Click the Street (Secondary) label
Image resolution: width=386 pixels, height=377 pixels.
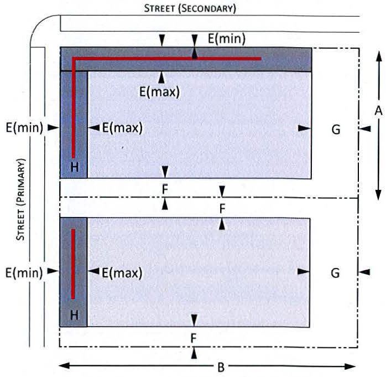pyautogui.click(x=190, y=8)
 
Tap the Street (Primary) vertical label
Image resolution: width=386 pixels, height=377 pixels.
pyautogui.click(x=20, y=199)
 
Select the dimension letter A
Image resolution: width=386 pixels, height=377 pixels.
pyautogui.click(x=379, y=111)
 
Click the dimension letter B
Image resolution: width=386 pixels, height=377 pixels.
pyautogui.click(x=221, y=367)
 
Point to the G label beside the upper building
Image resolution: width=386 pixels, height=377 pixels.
pyautogui.click(x=336, y=130)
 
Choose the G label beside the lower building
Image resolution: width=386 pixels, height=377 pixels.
pyautogui.click(x=335, y=273)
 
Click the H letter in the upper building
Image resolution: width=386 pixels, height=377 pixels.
pyautogui.click(x=75, y=167)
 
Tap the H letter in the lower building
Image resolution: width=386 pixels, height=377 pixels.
pyautogui.click(x=74, y=315)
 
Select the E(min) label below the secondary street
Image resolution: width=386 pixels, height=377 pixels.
pyautogui.click(x=227, y=39)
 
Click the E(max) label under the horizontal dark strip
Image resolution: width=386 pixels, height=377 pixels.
pyautogui.click(x=159, y=92)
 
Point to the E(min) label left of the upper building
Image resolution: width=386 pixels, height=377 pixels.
pyautogui.click(x=24, y=128)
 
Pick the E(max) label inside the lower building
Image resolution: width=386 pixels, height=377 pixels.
pyautogui.click(x=122, y=273)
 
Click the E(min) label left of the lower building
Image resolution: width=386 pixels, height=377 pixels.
pyautogui.click(x=24, y=273)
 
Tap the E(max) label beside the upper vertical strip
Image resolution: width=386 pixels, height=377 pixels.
pyautogui.click(x=122, y=128)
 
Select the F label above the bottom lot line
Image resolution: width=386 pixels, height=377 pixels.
pyautogui.click(x=194, y=339)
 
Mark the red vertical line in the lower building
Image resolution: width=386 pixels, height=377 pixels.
pyautogui.click(x=73, y=264)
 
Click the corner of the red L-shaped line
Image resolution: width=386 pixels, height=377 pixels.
pyautogui.click(x=74, y=59)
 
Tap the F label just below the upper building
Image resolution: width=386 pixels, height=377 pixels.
pyautogui.click(x=165, y=189)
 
